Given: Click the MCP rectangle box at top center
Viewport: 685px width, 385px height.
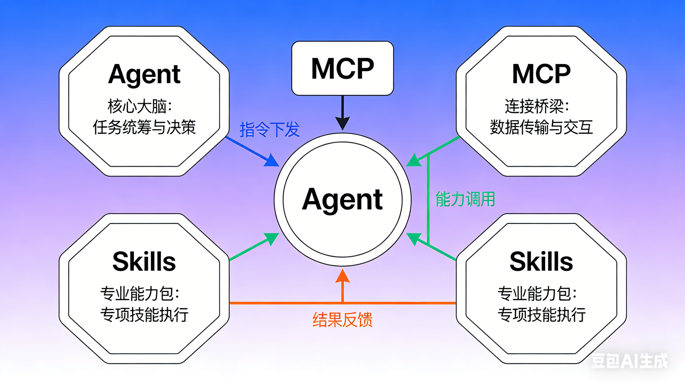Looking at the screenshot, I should tap(342, 68).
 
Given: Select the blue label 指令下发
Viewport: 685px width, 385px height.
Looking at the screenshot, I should tap(270, 130).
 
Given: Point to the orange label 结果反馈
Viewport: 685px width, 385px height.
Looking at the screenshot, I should tap(342, 320).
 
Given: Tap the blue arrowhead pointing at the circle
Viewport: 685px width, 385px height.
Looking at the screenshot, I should tap(272, 160).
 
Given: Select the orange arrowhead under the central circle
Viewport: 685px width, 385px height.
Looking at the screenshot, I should tap(342, 276).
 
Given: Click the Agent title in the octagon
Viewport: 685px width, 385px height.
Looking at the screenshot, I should tap(144, 74).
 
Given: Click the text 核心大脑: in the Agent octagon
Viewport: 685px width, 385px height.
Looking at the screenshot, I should tap(140, 106).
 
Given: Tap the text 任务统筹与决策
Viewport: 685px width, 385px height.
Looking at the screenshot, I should tap(144, 127).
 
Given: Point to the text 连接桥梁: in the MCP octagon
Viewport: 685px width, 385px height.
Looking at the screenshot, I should tap(537, 106).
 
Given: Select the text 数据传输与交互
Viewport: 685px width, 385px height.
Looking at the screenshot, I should tap(541, 127).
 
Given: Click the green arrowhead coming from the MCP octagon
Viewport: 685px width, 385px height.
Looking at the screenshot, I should tap(414, 161).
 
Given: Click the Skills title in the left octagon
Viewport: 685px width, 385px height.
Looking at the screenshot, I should tap(144, 262).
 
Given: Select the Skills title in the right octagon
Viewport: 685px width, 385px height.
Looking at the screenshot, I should tap(541, 262).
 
